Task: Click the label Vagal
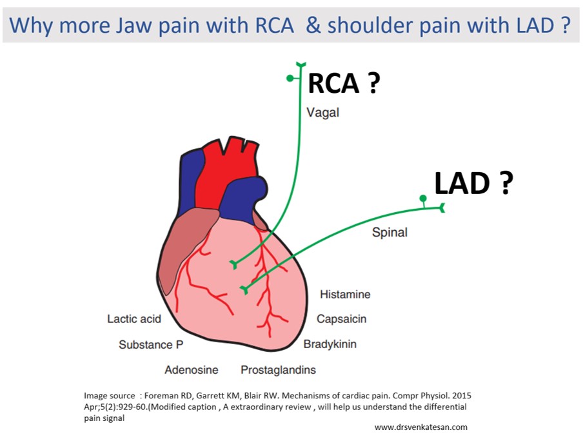click(322, 113)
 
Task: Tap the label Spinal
click(390, 232)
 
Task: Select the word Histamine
click(345, 295)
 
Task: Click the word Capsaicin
click(341, 319)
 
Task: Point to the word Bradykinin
click(330, 344)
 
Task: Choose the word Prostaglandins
click(278, 370)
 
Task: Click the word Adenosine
click(191, 370)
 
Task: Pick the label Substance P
click(146, 345)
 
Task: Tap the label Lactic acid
click(134, 319)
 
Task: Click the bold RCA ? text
click(343, 83)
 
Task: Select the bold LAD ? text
click(473, 184)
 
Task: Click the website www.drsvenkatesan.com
click(421, 427)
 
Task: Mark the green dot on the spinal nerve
click(422, 198)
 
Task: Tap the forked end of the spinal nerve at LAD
click(442, 208)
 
